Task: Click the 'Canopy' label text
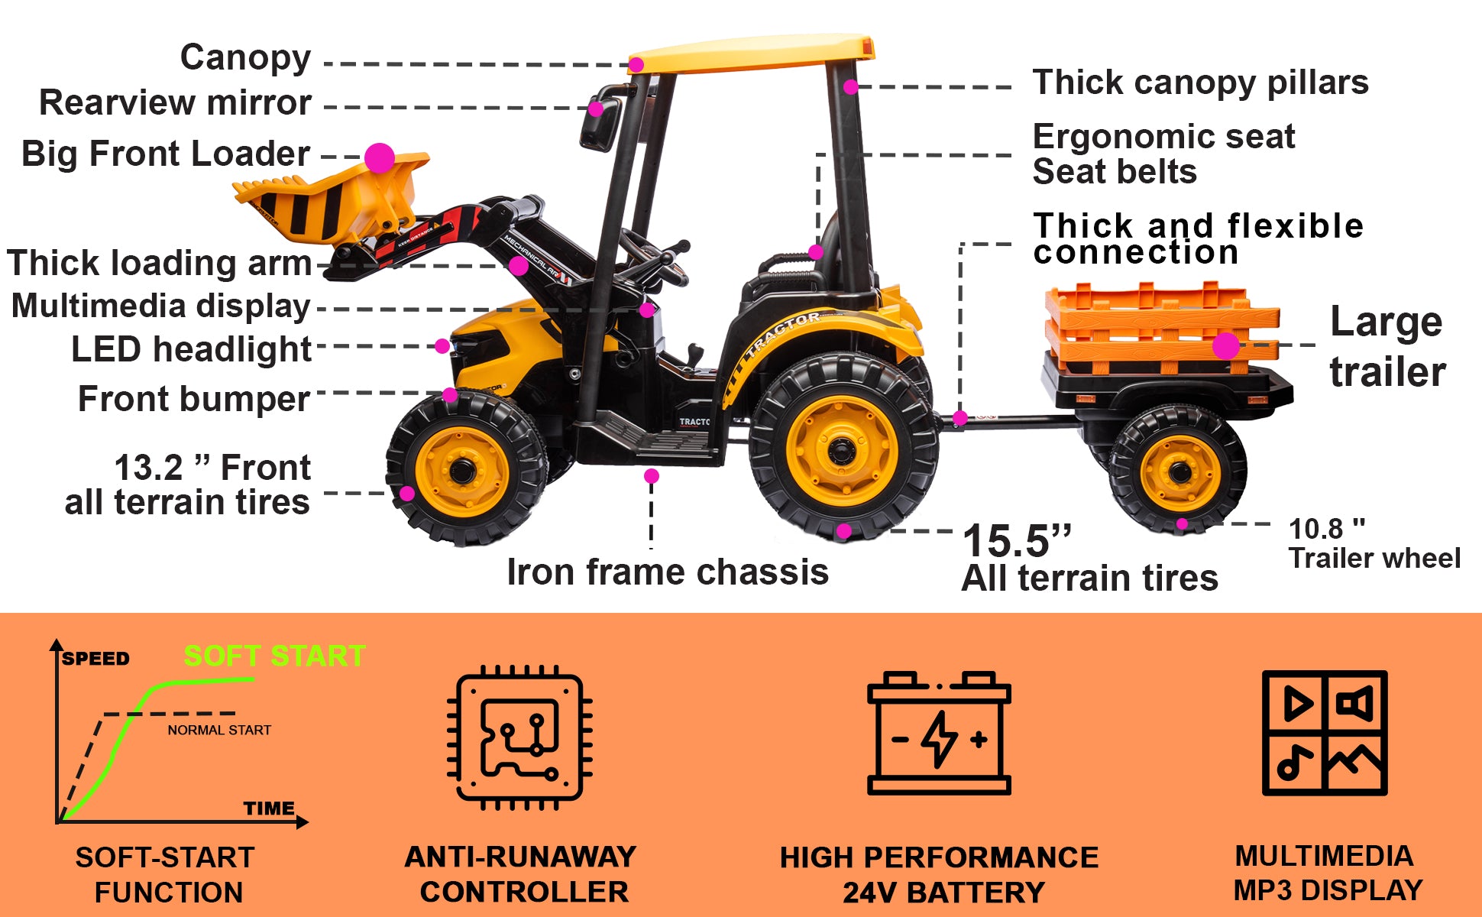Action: (x=245, y=58)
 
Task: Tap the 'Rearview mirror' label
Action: (x=175, y=102)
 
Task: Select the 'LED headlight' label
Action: (x=191, y=350)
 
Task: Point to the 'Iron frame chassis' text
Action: (x=668, y=572)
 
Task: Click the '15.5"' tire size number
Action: (x=1017, y=541)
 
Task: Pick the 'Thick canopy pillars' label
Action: (x=1200, y=83)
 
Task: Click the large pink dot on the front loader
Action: (x=380, y=158)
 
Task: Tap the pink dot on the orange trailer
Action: (x=1226, y=346)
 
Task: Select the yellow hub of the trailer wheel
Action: (x=1180, y=474)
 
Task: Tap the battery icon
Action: (x=939, y=733)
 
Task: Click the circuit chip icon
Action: (x=519, y=737)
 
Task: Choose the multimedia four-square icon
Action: (x=1325, y=733)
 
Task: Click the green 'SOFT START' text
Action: (x=275, y=656)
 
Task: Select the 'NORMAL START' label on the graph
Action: (x=219, y=730)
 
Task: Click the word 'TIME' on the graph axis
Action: (x=269, y=808)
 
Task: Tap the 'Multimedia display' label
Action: (x=160, y=306)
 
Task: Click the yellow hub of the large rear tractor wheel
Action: (x=842, y=449)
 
